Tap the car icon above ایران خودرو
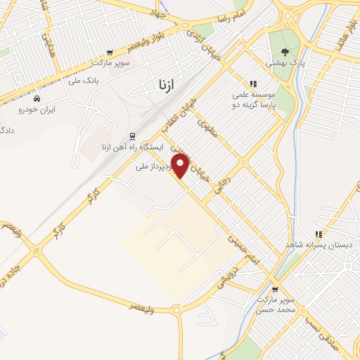(x=37, y=99)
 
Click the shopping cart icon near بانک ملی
(x=110, y=52)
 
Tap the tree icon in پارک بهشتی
(x=284, y=51)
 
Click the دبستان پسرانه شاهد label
(x=319, y=245)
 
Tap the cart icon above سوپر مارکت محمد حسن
(x=275, y=288)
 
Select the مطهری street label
(x=209, y=127)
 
